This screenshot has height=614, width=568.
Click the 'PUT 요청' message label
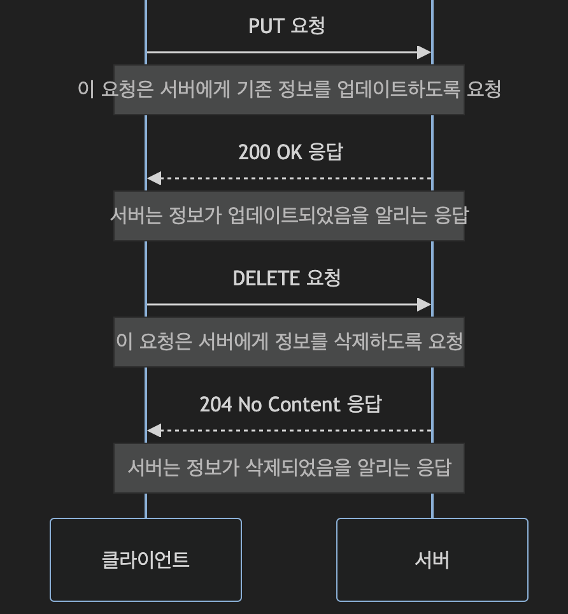(x=287, y=26)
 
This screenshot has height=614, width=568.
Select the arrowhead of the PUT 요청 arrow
(x=424, y=52)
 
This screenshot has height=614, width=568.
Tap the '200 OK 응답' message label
(x=290, y=152)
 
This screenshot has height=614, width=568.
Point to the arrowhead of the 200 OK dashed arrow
(x=154, y=178)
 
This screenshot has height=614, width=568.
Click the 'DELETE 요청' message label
(x=287, y=278)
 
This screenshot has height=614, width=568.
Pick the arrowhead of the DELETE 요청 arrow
(x=424, y=304)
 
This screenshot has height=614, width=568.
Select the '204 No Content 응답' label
(x=290, y=404)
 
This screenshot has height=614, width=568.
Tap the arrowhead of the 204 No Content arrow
(x=154, y=431)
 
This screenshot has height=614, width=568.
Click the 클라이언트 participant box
(x=146, y=560)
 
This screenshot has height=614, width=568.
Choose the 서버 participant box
(x=432, y=560)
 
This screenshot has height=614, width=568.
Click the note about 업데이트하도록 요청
(x=289, y=89)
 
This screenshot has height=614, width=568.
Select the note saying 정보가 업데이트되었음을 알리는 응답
(x=289, y=215)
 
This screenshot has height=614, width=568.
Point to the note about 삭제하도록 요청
(x=289, y=341)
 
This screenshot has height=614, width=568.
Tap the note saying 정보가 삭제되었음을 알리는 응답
(x=289, y=468)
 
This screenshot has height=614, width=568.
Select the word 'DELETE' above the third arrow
(x=266, y=278)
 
